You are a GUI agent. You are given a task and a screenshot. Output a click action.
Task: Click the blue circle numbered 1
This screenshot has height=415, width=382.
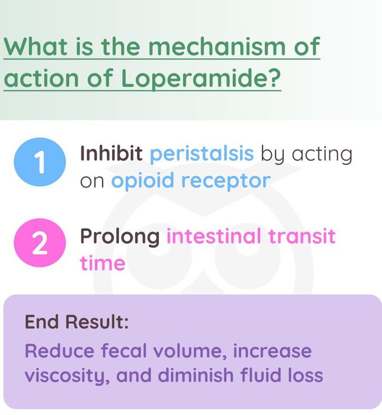38,165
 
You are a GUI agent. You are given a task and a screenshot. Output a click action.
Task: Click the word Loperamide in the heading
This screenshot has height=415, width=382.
201,79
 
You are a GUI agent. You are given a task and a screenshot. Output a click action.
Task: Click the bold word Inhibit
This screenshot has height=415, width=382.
111,153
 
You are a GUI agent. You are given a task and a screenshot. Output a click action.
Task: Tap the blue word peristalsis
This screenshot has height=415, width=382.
202,154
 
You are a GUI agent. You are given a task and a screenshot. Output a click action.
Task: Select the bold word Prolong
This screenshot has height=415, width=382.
120,236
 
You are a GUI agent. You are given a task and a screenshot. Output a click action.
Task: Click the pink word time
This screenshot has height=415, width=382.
102,262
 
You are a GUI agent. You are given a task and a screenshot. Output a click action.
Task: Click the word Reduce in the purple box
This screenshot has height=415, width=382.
59,351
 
